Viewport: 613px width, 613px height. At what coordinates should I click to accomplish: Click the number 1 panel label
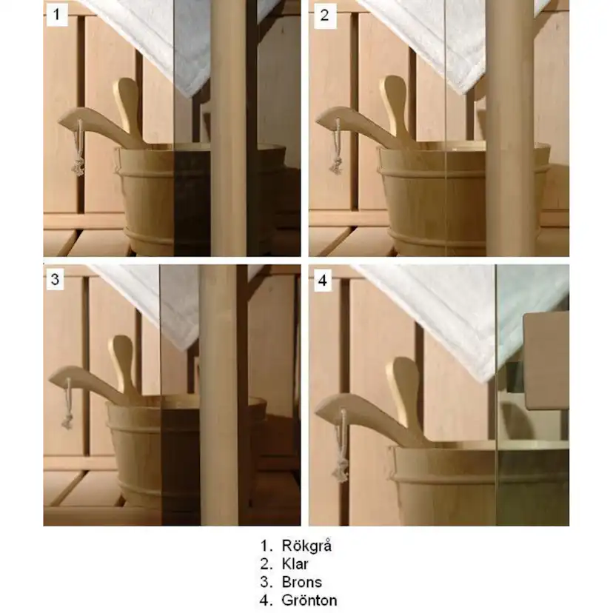pos(57,15)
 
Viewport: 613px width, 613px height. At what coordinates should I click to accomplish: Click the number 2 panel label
pos(324,16)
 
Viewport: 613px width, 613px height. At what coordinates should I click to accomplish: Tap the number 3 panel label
pos(55,279)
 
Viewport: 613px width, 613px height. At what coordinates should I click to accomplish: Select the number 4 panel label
pos(323,280)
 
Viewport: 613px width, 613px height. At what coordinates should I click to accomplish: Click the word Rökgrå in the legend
pos(306,546)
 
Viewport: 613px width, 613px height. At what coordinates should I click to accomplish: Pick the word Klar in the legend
pos(295,563)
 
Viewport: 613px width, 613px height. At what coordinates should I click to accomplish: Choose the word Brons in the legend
pos(301,582)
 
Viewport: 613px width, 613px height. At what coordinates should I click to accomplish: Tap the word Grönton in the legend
pos(309,600)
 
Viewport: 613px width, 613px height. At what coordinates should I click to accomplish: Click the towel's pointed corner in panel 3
pos(185,349)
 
